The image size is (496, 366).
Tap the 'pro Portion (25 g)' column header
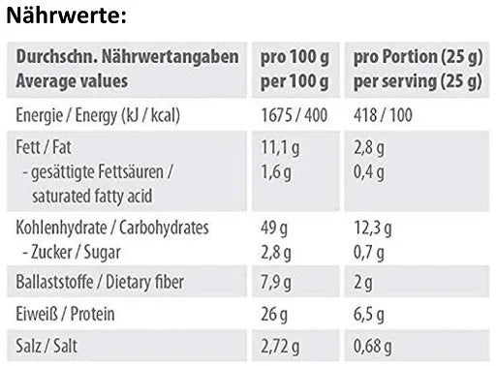(x=418, y=58)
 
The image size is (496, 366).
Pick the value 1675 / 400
(x=296, y=116)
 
